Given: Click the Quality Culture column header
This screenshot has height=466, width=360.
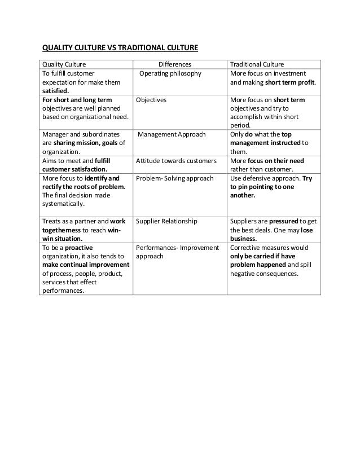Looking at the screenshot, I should point(62,64).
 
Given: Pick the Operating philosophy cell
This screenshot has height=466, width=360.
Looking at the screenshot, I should point(170,73).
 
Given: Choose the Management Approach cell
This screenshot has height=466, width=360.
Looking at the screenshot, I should point(172,135).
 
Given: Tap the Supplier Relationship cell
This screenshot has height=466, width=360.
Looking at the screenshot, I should point(167,221).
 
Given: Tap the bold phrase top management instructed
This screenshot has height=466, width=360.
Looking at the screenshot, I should point(276,143).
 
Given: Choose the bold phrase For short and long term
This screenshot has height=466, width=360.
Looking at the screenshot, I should point(73,100).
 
